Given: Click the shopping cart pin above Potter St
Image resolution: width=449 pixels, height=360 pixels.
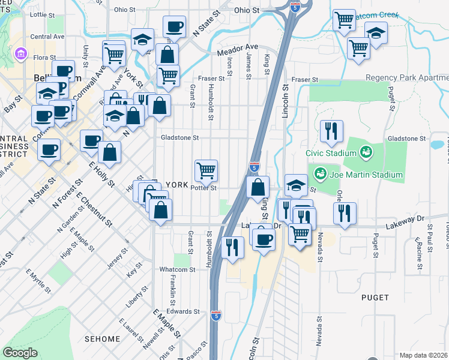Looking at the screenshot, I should point(206,170).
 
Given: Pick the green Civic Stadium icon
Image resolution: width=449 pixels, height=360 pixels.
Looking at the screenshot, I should point(364,152).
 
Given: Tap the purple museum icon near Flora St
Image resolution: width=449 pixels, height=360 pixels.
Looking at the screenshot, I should point(22,55).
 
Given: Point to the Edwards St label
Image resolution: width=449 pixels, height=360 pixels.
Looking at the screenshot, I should point(183,311).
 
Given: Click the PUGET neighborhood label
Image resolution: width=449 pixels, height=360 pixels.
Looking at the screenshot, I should point(375,297).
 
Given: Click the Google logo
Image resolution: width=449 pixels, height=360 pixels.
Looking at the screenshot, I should point(20,353).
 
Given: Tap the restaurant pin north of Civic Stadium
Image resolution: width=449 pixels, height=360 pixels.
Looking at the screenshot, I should point(331,131).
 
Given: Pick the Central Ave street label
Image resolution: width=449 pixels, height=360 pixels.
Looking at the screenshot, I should point(47,36).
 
